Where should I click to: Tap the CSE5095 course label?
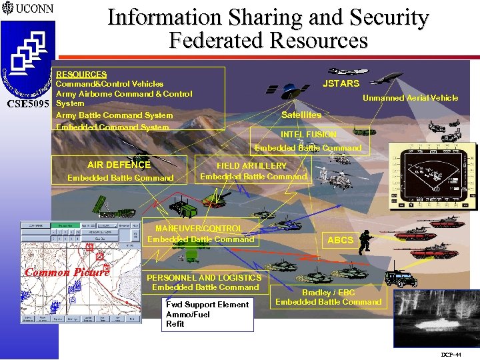click(27, 105)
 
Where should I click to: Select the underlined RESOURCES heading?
click(81, 75)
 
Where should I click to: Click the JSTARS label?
click(341, 83)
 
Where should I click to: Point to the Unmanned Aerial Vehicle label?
click(410, 98)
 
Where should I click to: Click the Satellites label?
click(301, 115)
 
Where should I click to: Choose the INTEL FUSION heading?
click(309, 135)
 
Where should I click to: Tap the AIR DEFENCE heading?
click(119, 165)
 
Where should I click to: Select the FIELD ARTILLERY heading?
click(251, 166)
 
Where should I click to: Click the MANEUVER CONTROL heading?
click(199, 229)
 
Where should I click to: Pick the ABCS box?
click(340, 240)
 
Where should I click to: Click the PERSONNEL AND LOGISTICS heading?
click(204, 277)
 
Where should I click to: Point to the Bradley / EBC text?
click(329, 293)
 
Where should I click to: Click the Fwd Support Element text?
click(207, 305)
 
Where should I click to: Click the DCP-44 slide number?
click(451, 354)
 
